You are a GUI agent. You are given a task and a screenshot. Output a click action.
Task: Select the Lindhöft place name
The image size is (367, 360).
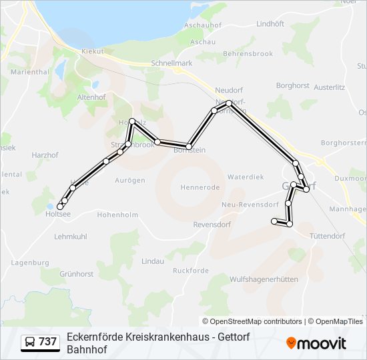(x=270, y=23)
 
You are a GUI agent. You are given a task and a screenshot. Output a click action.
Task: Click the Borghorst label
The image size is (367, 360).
(x=292, y=86)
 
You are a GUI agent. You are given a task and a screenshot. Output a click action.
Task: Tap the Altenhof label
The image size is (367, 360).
(x=92, y=97)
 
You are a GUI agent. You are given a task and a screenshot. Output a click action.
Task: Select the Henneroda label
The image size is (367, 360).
(x=200, y=188)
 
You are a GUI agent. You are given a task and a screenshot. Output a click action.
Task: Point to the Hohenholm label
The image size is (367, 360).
(x=117, y=215)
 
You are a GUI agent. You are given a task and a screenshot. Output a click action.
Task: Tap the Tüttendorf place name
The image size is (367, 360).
(x=327, y=235)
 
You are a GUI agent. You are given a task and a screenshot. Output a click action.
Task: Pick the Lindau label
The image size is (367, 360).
(x=153, y=261)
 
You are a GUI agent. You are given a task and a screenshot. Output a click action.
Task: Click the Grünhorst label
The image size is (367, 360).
(x=76, y=274)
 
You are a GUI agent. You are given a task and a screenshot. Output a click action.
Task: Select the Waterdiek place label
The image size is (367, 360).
(x=246, y=177)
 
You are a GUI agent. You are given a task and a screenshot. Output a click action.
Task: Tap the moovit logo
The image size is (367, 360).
(x=316, y=343)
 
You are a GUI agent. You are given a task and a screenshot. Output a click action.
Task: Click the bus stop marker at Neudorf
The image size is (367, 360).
(x=228, y=103)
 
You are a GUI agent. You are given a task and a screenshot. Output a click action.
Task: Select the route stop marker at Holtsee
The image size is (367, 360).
(x=60, y=207)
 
